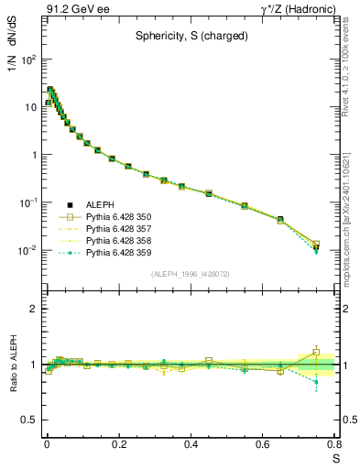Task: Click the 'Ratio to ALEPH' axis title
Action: point(14,365)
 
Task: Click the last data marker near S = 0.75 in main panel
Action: point(316,246)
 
